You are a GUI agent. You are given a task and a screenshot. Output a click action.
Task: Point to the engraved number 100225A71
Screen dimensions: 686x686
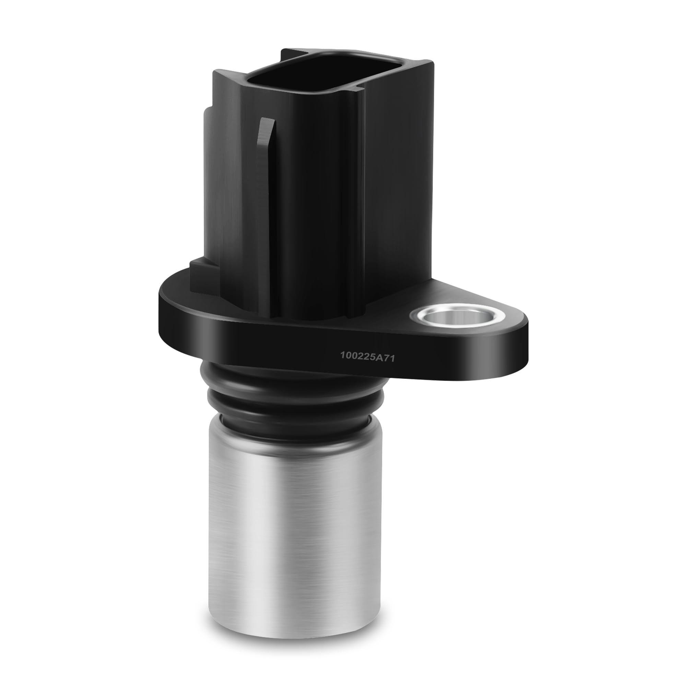(367, 356)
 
